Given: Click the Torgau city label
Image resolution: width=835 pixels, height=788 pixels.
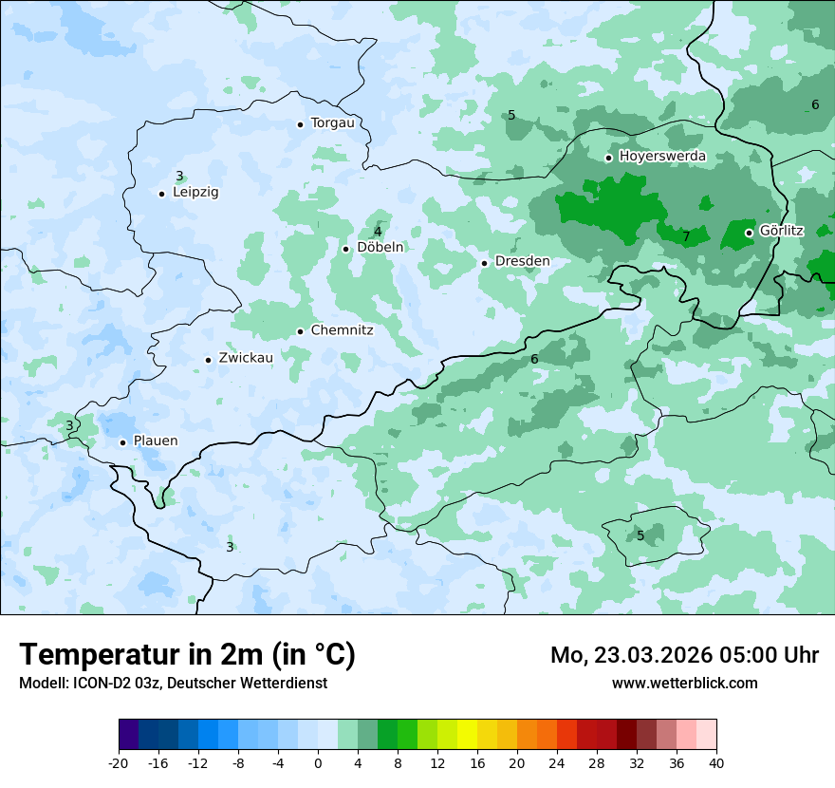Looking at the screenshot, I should pyautogui.click(x=332, y=123).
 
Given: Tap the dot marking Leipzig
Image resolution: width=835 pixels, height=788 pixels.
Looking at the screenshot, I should pyautogui.click(x=161, y=194).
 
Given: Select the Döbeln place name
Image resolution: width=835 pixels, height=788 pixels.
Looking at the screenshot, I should pyautogui.click(x=380, y=248).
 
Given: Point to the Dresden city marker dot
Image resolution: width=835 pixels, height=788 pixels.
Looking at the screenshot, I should pyautogui.click(x=484, y=263).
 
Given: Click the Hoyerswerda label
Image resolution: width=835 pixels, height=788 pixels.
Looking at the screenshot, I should pyautogui.click(x=662, y=157).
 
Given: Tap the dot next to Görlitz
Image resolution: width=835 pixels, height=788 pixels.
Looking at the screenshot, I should pyautogui.click(x=749, y=233).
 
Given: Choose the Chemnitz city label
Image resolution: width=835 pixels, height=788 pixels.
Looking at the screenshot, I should pyautogui.click(x=342, y=331).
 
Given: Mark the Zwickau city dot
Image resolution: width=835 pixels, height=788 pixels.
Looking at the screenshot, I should pyautogui.click(x=208, y=360).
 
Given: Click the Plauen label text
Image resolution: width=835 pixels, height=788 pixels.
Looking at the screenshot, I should pyautogui.click(x=155, y=441).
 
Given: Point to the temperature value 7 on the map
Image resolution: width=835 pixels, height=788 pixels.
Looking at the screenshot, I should pyautogui.click(x=686, y=236).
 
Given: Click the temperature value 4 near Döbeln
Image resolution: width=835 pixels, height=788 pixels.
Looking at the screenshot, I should pyautogui.click(x=378, y=232).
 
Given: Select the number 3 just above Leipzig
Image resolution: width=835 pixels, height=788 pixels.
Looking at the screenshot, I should pyautogui.click(x=179, y=176).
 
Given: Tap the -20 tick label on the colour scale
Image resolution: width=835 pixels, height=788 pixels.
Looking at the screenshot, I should pyautogui.click(x=119, y=763).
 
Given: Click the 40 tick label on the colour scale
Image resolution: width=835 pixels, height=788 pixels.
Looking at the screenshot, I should pyautogui.click(x=716, y=763).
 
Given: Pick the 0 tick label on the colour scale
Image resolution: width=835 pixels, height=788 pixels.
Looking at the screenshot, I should pyautogui.click(x=318, y=763).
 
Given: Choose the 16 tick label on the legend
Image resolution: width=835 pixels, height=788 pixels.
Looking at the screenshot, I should pyautogui.click(x=477, y=763).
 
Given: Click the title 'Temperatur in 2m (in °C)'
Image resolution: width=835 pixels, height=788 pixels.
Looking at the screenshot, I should pyautogui.click(x=187, y=655).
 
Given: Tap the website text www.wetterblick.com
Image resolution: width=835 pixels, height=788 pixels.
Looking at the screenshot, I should pyautogui.click(x=684, y=684).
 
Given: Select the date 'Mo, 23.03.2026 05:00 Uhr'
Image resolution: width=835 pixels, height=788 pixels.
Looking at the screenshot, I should pyautogui.click(x=684, y=655).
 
